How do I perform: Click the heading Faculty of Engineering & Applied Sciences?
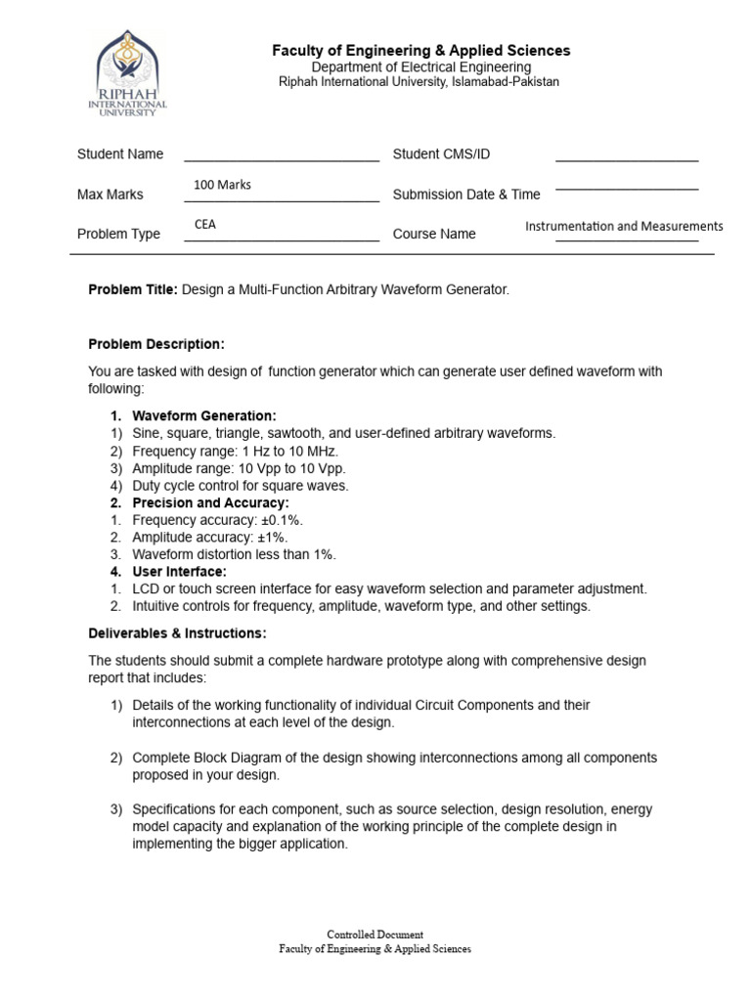[420, 50]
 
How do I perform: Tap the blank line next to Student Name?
[281, 156]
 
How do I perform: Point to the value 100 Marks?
[222, 185]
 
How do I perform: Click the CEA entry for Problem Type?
[205, 225]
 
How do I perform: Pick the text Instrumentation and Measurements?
[624, 226]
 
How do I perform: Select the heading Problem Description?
[156, 344]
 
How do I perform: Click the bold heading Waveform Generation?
[204, 415]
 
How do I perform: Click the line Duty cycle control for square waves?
[241, 486]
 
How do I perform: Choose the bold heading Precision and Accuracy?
[210, 502]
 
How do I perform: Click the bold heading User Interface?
[179, 571]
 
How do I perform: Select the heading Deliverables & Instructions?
[177, 633]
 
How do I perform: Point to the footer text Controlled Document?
[375, 935]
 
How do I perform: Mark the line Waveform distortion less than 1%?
[234, 554]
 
